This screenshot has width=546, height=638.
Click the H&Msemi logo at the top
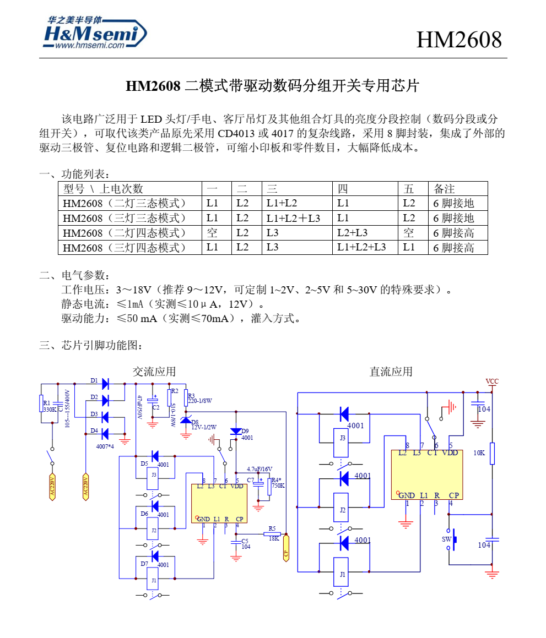coord(95,33)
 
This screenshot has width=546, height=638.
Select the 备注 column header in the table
coord(444,189)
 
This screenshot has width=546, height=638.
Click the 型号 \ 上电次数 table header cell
coord(103,189)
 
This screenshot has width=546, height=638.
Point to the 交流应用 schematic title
coord(154,372)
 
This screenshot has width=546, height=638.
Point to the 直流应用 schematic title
coord(391,372)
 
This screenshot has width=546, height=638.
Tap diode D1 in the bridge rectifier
coord(105,383)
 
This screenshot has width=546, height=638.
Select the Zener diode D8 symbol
coord(186,421)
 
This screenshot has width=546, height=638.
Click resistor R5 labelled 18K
coord(273,533)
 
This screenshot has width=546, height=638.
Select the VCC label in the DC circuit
coord(491,381)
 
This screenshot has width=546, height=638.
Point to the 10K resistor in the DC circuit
coord(492,454)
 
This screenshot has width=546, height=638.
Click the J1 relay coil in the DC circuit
coord(343,573)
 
